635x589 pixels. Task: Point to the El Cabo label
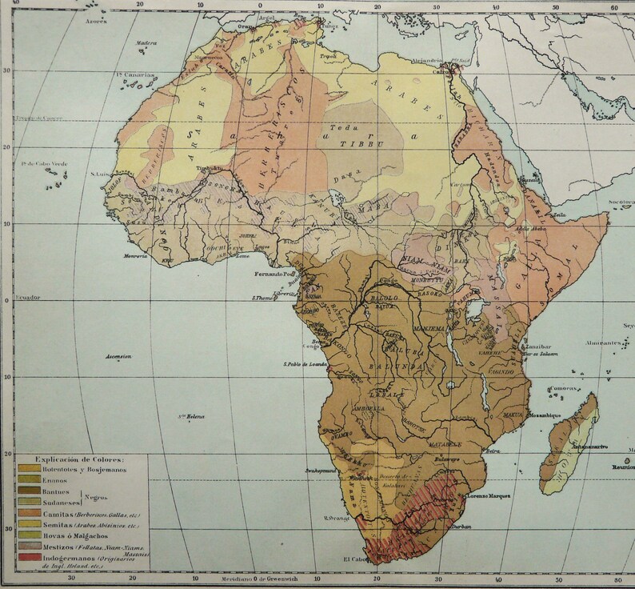click(x=357, y=559)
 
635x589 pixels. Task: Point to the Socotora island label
click(x=621, y=202)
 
